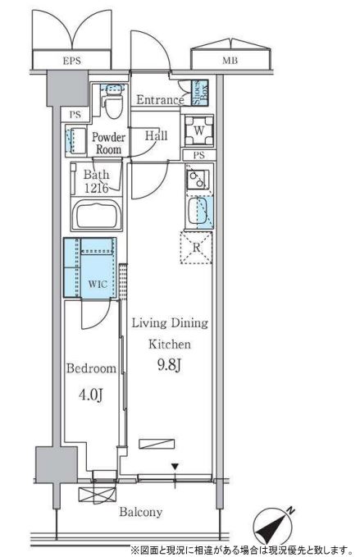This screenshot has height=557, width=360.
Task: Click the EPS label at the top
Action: (71, 61)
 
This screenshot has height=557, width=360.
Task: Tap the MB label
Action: (230, 61)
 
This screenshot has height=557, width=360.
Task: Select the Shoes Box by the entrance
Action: (200, 93)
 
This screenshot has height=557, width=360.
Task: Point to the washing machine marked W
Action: (198, 130)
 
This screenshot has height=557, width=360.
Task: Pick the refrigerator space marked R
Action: (196, 248)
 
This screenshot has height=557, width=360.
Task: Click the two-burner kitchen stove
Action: (198, 180)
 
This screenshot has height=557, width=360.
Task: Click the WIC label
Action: (98, 284)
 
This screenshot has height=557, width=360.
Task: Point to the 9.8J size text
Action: (170, 365)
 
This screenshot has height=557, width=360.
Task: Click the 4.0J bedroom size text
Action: (91, 395)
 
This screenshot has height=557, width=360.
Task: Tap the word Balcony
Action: (141, 512)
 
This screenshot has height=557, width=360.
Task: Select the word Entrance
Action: (160, 100)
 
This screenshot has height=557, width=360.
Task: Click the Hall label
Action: (156, 135)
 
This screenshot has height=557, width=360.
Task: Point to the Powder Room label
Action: (108, 143)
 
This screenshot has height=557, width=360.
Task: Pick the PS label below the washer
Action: (199, 155)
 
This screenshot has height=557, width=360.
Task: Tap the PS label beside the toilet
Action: (75, 115)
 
